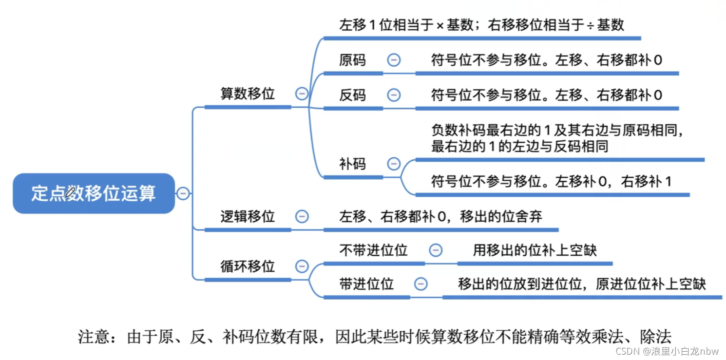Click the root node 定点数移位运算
pyautogui.click(x=94, y=193)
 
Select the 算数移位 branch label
pyautogui.click(x=248, y=94)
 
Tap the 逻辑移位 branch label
pyautogui.click(x=248, y=216)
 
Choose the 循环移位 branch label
pyautogui.click(x=248, y=266)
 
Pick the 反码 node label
pyautogui.click(x=352, y=95)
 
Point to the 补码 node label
pyautogui.click(x=352, y=164)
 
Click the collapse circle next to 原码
pyautogui.click(x=394, y=60)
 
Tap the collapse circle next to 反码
pyautogui.click(x=394, y=95)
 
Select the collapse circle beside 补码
pyautogui.click(x=394, y=164)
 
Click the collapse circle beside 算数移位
pyautogui.click(x=302, y=94)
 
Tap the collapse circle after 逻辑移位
pyautogui.click(x=302, y=216)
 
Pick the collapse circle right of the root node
pyautogui.click(x=183, y=193)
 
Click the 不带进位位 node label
pyautogui.click(x=373, y=250)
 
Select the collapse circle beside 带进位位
pyautogui.click(x=420, y=284)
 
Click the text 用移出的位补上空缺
pyautogui.click(x=535, y=250)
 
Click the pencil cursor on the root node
pyautogui.click(x=71, y=192)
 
